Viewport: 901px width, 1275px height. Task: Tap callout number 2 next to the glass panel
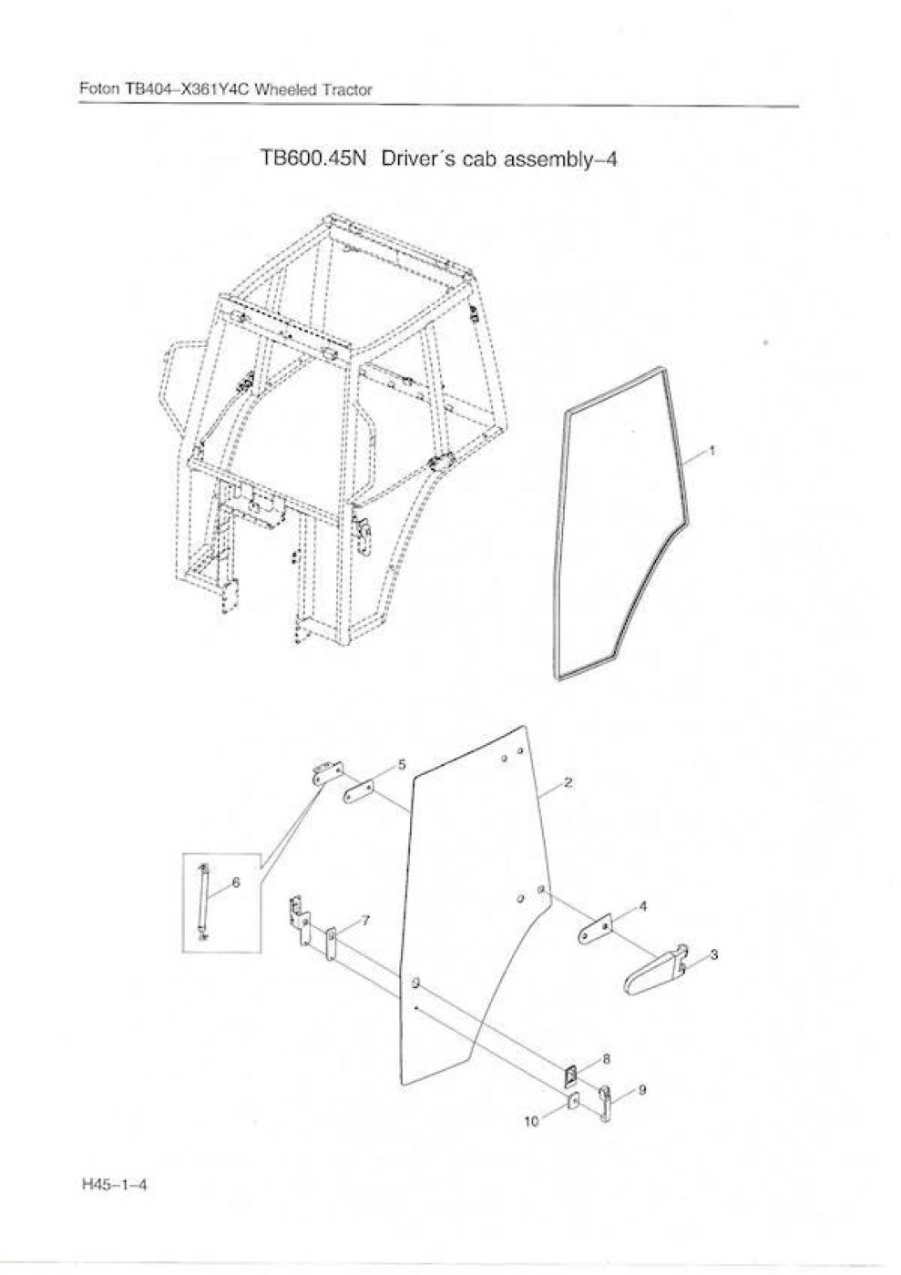pos(568,782)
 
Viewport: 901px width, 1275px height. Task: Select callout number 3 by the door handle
pos(713,954)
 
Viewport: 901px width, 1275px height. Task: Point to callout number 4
pos(643,905)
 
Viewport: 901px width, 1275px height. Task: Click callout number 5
pos(402,764)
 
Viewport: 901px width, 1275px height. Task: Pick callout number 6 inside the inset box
pos(236,882)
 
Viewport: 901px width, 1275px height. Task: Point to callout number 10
pos(531,1122)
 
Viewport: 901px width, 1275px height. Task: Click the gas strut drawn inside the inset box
pos(202,902)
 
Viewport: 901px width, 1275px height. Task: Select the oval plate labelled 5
pos(358,791)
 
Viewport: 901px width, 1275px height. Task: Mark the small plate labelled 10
pos(573,1102)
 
